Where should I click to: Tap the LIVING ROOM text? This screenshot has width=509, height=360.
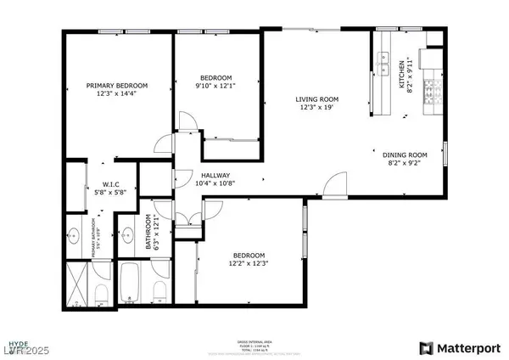(317, 98)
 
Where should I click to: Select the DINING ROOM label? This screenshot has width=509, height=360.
(404, 155)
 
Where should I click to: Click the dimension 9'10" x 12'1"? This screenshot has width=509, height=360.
(216, 84)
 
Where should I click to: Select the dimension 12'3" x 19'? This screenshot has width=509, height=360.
(317, 108)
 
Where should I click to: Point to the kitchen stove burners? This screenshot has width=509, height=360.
(428, 89)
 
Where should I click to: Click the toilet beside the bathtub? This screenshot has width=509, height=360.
(157, 291)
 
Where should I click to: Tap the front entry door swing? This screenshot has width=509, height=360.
(336, 184)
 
